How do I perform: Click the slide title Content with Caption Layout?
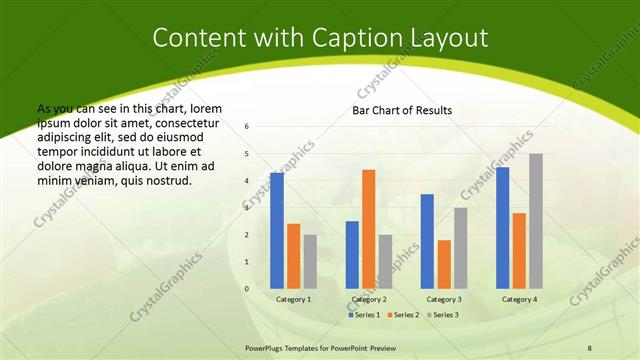click(x=320, y=38)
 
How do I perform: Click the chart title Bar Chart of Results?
click(x=402, y=110)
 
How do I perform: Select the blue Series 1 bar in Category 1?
click(x=276, y=230)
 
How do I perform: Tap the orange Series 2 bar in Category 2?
click(x=368, y=228)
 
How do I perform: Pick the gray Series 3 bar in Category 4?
click(x=536, y=220)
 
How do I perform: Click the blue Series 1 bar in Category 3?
click(x=427, y=241)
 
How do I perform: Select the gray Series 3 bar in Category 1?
click(x=310, y=261)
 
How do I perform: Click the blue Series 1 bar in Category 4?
click(x=502, y=227)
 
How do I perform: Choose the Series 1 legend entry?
click(x=364, y=315)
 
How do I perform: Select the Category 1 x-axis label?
click(x=293, y=299)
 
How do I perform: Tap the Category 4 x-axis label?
click(x=519, y=299)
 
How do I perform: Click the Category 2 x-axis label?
click(x=368, y=299)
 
